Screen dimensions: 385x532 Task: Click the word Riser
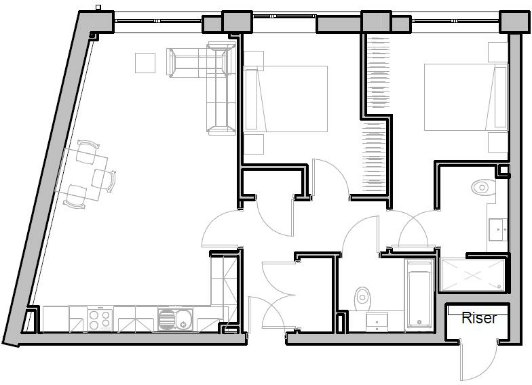click(479, 317)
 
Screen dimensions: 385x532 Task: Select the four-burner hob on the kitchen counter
click(100, 319)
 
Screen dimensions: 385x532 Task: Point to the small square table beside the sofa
click(146, 62)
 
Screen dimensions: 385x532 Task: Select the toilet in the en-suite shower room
click(482, 186)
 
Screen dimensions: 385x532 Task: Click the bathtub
click(419, 295)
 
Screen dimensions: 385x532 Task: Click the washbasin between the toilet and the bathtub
click(376, 321)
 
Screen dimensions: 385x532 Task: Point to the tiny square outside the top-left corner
click(99, 8)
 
